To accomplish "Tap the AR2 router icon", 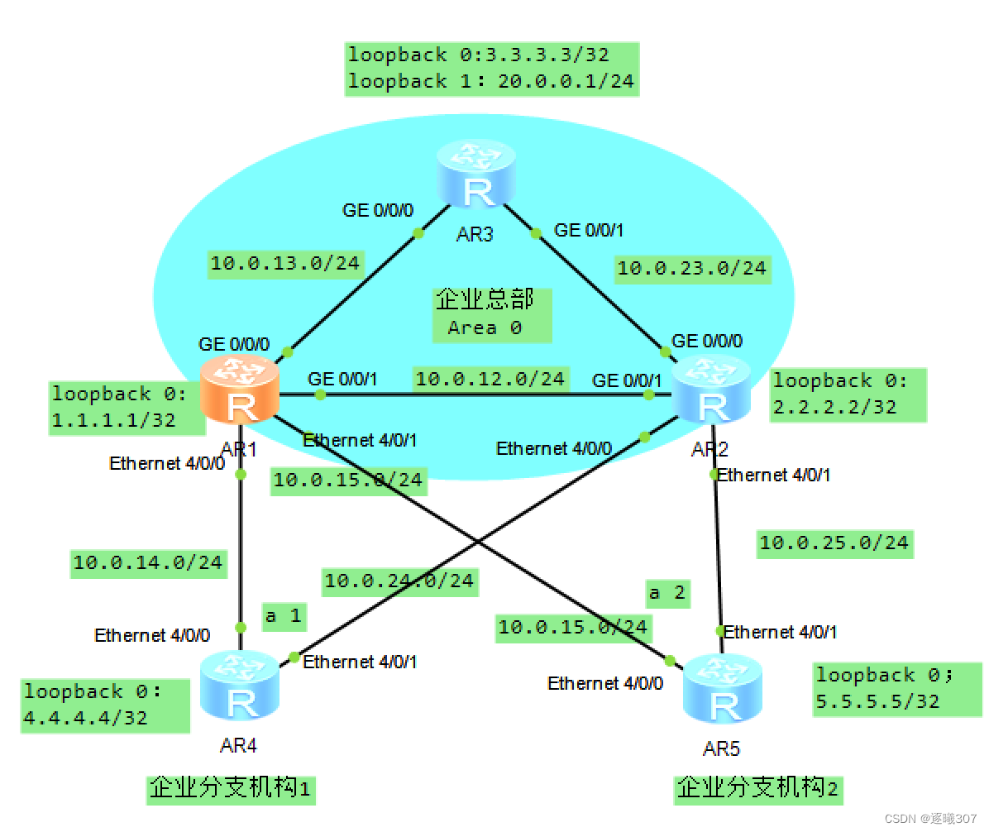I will click(711, 389).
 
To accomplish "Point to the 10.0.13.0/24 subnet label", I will click(285, 263).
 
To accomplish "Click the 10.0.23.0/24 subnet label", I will click(691, 268).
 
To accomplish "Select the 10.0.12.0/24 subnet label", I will click(490, 379).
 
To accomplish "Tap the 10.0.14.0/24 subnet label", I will click(148, 563).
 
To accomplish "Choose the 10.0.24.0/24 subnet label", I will click(399, 581).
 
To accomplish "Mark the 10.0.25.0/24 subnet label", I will click(834, 543).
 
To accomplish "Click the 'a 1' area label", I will click(283, 615).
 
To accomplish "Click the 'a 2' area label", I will click(666, 592).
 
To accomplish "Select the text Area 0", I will click(485, 328).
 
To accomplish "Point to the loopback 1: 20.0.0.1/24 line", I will click(491, 81).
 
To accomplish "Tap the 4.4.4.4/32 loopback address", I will click(86, 717).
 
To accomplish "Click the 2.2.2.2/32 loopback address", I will click(834, 406).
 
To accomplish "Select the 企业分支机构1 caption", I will click(231, 787).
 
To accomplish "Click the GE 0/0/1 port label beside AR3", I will click(588, 230).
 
